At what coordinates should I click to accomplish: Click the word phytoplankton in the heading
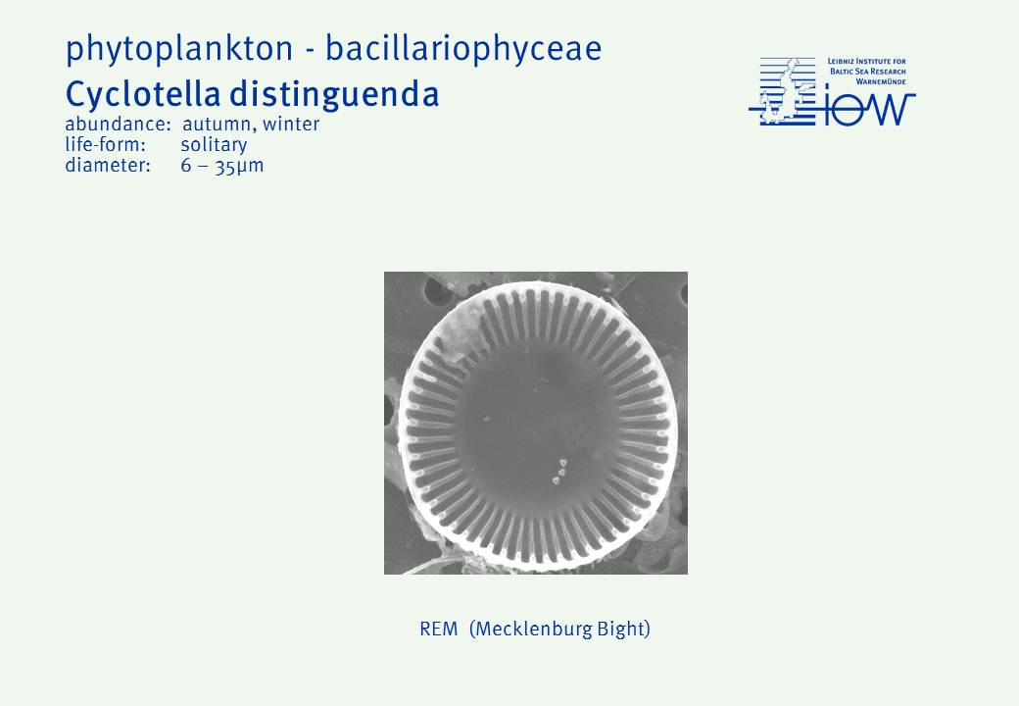pyautogui.click(x=179, y=49)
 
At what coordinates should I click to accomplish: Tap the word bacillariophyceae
pyautogui.click(x=464, y=49)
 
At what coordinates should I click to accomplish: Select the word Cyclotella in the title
pyautogui.click(x=143, y=94)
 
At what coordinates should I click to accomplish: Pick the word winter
pyautogui.click(x=291, y=124)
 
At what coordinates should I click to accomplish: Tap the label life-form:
pyautogui.click(x=105, y=144)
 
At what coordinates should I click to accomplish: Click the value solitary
pyautogui.click(x=214, y=145)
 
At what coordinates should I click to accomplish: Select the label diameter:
pyautogui.click(x=108, y=165)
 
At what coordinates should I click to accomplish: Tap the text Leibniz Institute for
pyautogui.click(x=867, y=62)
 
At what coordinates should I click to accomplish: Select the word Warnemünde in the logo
pyautogui.click(x=881, y=82)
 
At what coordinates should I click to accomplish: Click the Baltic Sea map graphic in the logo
pyautogui.click(x=783, y=91)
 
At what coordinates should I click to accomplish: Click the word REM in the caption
pyautogui.click(x=439, y=629)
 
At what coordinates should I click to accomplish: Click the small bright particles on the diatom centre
pyautogui.click(x=559, y=472)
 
